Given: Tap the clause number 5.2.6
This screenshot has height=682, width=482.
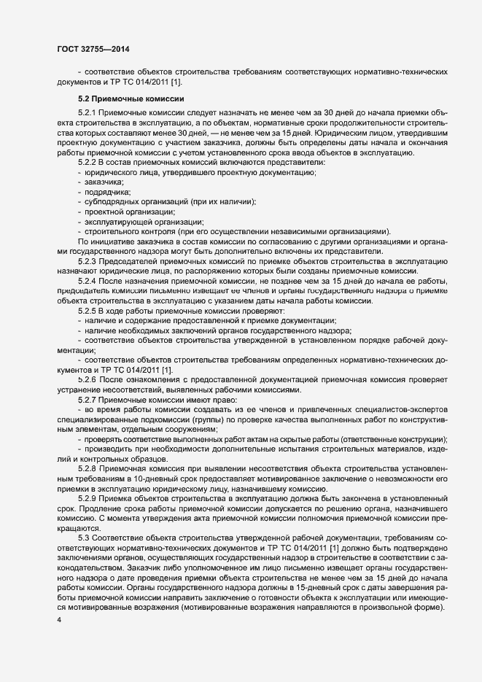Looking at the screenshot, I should [87, 381].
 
